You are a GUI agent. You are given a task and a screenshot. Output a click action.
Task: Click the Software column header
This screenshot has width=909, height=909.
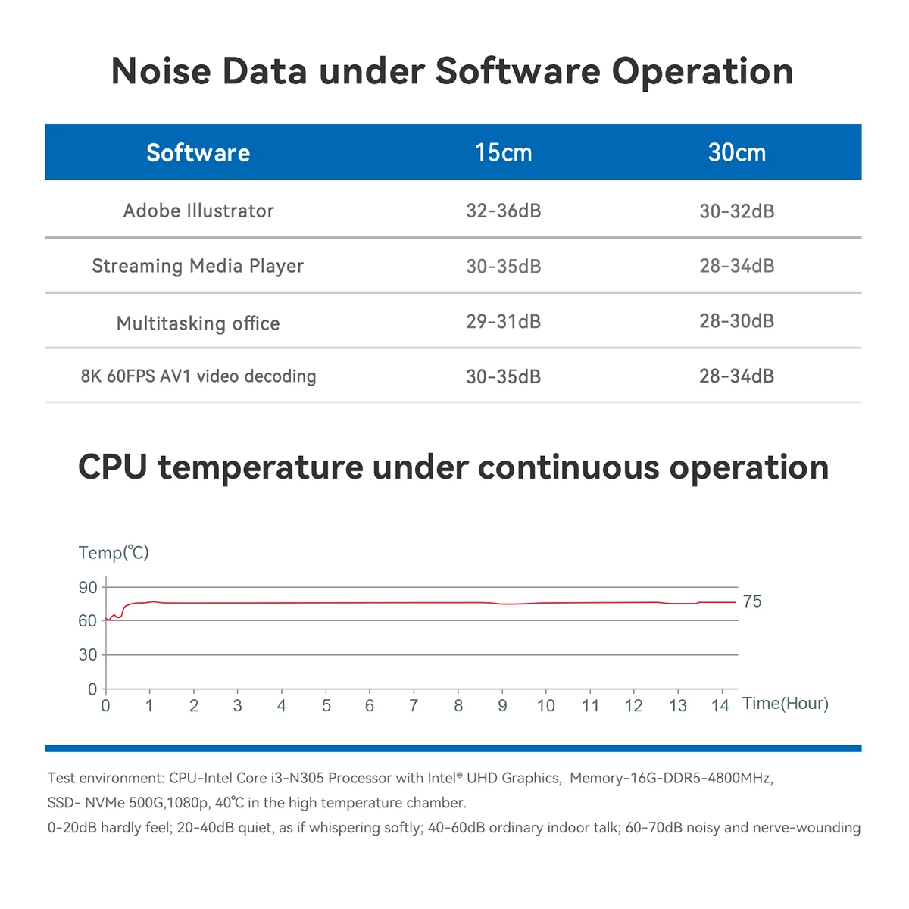pos(198,153)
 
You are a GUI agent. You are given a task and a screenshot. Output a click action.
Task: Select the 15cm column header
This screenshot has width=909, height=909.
pos(503,153)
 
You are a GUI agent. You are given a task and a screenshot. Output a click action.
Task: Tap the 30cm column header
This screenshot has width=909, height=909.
pos(737,153)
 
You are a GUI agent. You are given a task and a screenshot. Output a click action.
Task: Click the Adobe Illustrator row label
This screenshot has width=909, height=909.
pos(198,211)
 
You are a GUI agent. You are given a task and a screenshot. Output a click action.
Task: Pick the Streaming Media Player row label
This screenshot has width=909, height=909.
pos(198,266)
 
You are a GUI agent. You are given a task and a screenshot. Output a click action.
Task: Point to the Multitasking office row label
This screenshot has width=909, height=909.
pos(198,323)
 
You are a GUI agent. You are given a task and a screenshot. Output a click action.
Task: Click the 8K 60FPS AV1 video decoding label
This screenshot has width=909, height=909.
pos(198,376)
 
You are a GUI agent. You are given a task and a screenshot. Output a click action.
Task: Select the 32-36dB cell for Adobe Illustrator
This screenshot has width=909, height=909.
pos(503,211)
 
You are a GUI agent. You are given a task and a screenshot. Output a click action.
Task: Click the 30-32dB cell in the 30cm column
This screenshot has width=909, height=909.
pos(737,211)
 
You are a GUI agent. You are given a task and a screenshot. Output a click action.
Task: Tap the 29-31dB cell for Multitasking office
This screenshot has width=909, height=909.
pos(503,322)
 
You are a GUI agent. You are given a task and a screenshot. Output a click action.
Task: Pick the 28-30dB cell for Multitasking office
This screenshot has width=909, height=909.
pos(737,321)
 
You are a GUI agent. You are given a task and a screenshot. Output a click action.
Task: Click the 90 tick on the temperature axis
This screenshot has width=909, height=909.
pos(88,588)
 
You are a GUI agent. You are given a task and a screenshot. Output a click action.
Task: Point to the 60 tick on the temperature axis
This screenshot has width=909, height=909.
pos(88,621)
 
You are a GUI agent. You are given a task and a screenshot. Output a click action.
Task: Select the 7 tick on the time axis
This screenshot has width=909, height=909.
pos(414,706)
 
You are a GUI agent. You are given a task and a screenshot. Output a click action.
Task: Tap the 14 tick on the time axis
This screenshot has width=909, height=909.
pos(720,706)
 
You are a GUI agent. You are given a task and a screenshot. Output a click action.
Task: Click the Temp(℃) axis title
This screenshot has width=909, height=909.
pos(114,552)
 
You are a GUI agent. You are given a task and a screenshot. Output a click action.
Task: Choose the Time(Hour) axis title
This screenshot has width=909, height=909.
pos(786,703)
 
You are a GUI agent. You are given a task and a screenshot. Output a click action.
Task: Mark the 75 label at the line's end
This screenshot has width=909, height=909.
pos(752,601)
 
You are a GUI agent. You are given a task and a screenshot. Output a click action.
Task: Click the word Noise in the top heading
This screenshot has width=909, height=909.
pos(161,71)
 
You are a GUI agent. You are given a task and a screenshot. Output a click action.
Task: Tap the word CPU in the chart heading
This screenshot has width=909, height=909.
pos(112,467)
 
